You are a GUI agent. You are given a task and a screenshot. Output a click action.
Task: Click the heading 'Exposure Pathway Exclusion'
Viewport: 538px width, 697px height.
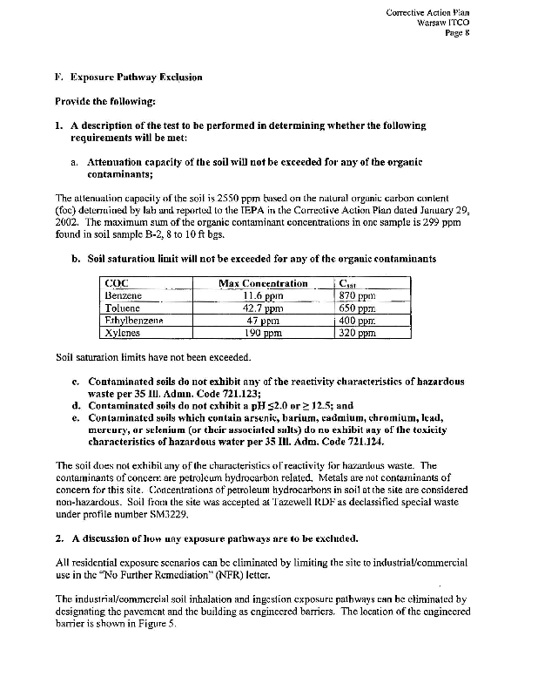(x=136, y=78)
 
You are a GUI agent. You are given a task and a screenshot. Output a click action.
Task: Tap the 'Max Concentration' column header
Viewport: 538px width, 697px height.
(x=263, y=283)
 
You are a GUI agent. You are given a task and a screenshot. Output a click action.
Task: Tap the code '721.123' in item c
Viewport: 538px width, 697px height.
(x=252, y=392)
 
